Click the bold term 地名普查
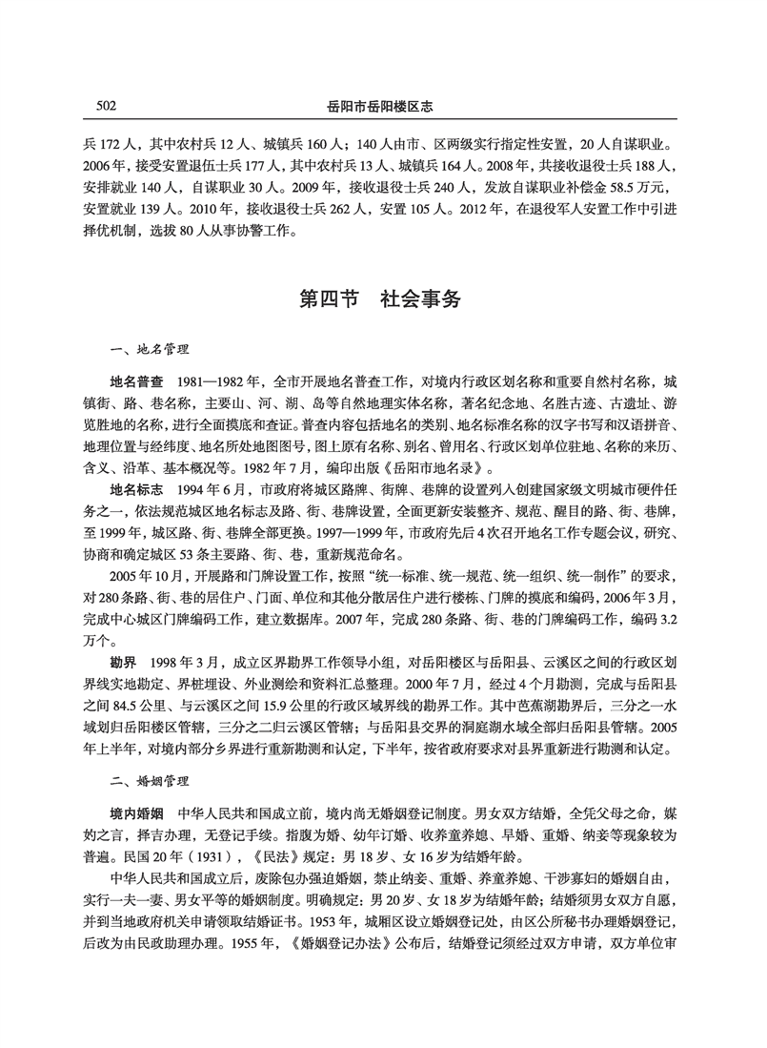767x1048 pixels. point(136,380)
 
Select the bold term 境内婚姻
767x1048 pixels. point(136,813)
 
